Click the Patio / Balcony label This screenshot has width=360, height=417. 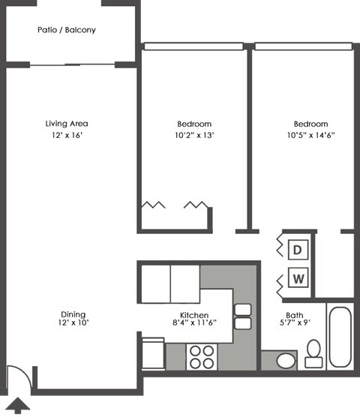(67, 31)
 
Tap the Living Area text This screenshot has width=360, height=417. (67, 124)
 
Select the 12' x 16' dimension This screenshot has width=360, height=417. (67, 136)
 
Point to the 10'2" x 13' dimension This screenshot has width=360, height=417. (194, 136)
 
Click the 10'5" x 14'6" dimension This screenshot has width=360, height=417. (310, 136)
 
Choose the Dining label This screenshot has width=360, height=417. (73, 314)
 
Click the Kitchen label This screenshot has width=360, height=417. (193, 315)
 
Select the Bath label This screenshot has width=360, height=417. (294, 315)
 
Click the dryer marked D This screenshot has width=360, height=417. (298, 249)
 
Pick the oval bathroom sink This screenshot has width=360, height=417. (286, 361)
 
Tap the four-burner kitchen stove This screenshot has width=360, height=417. (201, 356)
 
